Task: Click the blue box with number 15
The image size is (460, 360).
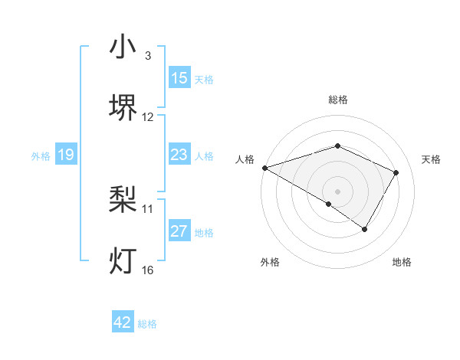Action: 179,78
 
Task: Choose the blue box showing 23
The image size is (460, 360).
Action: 179,155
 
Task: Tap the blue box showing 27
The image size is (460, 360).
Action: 179,231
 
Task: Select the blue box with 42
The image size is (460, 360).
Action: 123,322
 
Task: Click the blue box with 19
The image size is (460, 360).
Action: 66,155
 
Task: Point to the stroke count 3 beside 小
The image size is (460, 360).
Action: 147,56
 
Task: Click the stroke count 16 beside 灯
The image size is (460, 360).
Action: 147,269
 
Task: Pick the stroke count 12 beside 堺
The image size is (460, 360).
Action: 148,116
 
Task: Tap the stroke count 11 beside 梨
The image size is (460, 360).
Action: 148,208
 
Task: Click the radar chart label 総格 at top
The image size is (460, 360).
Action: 337,100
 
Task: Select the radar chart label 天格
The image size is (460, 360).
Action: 431,159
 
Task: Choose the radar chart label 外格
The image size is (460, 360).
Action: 270,262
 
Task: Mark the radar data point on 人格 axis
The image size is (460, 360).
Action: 264,168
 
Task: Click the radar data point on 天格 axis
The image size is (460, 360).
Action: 396,172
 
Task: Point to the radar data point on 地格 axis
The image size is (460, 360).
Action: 365,229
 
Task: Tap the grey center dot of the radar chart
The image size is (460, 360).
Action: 337,191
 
